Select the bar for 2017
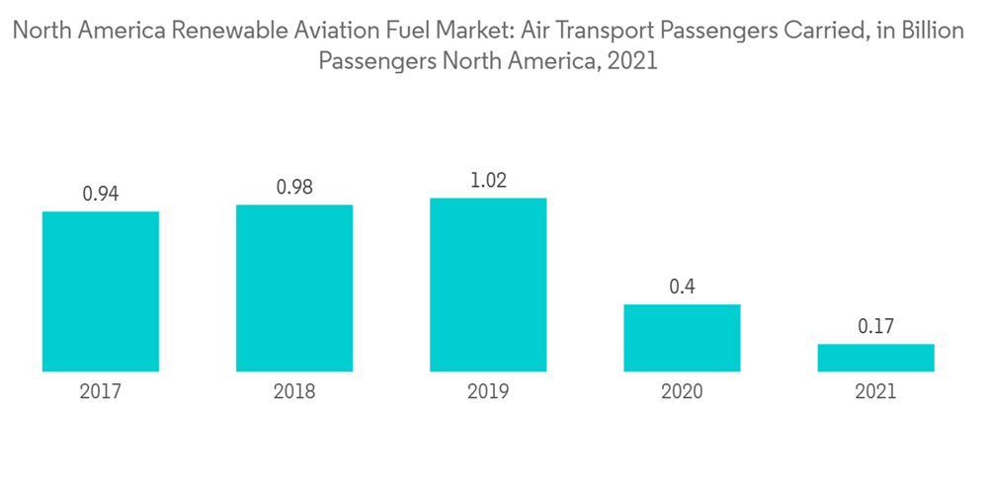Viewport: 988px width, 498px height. (101, 291)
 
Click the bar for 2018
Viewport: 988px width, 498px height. (294, 289)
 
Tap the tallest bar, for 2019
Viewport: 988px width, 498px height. (488, 285)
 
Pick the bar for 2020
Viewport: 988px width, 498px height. (682, 338)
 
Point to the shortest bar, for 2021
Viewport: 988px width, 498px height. (875, 358)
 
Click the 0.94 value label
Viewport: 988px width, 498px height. (101, 194)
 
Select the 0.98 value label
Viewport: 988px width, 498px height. (294, 187)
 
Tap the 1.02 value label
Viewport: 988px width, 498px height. (488, 181)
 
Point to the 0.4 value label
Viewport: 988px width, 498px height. (682, 287)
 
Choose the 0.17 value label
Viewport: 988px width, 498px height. (875, 326)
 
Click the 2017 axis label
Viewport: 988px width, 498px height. (101, 392)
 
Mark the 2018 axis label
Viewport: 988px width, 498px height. (294, 392)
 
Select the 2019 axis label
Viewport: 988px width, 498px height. (488, 392)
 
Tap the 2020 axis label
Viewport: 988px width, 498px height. (682, 392)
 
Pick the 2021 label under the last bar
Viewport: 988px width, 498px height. (875, 392)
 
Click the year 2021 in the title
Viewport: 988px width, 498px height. (633, 62)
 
